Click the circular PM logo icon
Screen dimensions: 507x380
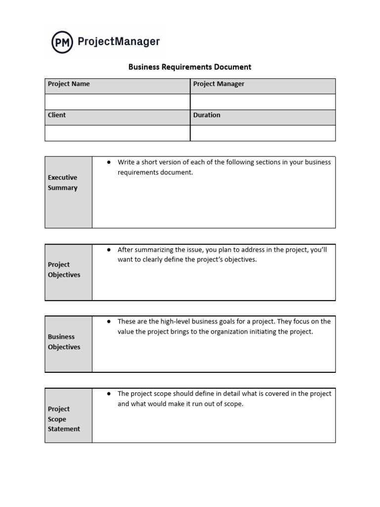tap(62, 42)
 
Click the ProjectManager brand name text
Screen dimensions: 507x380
tap(119, 42)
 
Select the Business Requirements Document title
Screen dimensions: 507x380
tap(190, 67)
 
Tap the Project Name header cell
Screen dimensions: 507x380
tap(117, 86)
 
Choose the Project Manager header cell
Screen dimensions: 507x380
tap(263, 86)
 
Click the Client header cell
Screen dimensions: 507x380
tap(117, 117)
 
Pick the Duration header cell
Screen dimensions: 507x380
tap(263, 117)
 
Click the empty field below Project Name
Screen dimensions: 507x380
tap(117, 101)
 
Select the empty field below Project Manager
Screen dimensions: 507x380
tap(263, 101)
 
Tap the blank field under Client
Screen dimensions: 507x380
tap(117, 133)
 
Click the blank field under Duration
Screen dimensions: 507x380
tap(263, 133)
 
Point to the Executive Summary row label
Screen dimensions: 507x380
tap(63, 183)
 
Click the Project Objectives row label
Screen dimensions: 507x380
tap(64, 270)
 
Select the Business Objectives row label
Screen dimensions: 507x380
tap(64, 342)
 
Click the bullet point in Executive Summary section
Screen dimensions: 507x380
tap(108, 162)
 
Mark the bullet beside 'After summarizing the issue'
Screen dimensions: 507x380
tap(108, 250)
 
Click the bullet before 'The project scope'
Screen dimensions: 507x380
tap(108, 394)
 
